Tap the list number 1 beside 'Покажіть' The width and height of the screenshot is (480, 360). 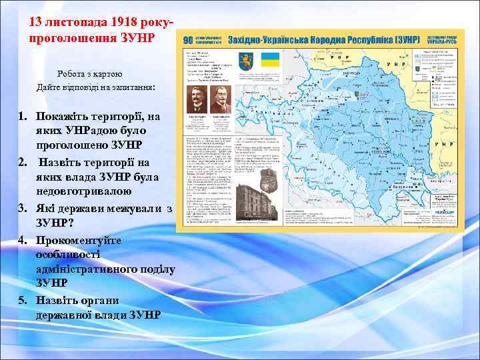pyautogui.click(x=21, y=116)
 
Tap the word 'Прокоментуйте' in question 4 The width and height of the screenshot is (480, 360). pyautogui.click(x=79, y=239)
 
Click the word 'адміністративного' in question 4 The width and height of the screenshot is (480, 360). pyautogui.click(x=105, y=269)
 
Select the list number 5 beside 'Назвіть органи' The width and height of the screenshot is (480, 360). pyautogui.click(x=21, y=299)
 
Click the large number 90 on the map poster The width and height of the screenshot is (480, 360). pyautogui.click(x=190, y=41)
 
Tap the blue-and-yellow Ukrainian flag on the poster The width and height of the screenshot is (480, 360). pyautogui.click(x=269, y=59)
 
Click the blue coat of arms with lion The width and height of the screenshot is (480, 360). pyautogui.click(x=245, y=59)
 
